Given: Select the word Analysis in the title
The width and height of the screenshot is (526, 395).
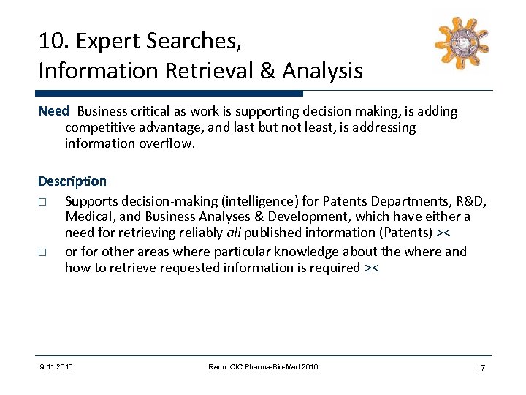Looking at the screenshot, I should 322,71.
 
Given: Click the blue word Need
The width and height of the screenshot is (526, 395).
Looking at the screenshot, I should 53,111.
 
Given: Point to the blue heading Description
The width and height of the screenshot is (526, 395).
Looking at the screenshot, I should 72,181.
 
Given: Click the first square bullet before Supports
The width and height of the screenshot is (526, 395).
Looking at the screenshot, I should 43,202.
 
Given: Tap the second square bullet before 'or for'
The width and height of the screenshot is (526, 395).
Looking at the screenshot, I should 43,252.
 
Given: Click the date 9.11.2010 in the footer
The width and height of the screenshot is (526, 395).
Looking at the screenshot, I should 56,366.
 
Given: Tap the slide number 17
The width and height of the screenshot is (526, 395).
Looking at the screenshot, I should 480,367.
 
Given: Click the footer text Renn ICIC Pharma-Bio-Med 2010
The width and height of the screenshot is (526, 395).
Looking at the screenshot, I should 262,366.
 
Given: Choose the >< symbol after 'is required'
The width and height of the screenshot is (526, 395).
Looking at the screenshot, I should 371,268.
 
